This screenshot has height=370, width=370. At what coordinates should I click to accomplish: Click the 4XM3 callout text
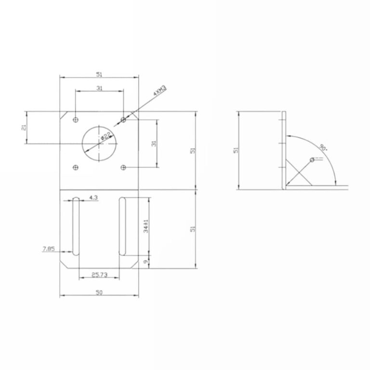160,91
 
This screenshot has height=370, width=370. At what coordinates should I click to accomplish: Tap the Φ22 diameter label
106,136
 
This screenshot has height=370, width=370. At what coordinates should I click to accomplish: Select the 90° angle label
323,147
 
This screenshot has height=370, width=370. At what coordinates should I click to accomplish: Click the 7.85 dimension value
49,249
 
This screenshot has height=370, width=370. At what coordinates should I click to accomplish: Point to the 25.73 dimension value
99,275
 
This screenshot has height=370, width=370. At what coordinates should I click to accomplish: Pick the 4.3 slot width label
93,198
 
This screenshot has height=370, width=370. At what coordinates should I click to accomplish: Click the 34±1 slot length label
146,226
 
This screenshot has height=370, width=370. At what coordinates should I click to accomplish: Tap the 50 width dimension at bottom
99,292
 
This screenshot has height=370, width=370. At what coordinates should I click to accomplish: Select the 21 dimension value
24,127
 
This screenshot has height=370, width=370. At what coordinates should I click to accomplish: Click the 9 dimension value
146,262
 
